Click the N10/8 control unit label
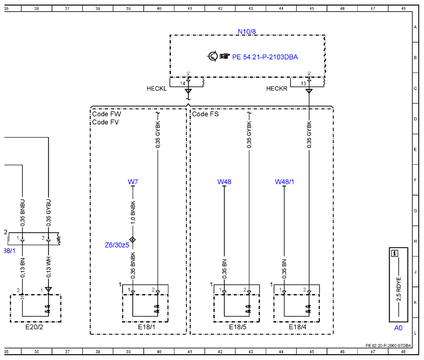[x=247, y=31]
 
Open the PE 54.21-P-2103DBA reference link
[x=265, y=57]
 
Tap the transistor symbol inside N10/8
[x=212, y=56]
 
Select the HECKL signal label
[x=156, y=89]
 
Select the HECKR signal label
[x=277, y=89]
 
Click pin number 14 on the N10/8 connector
[x=182, y=83]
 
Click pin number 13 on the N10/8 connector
[x=303, y=83]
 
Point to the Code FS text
[x=205, y=114]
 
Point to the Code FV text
[x=106, y=122]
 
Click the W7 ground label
[x=133, y=182]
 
